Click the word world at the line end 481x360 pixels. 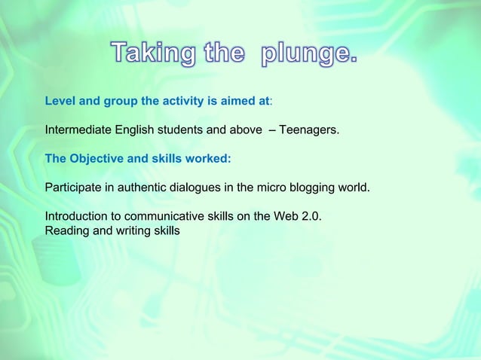click(354, 187)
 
